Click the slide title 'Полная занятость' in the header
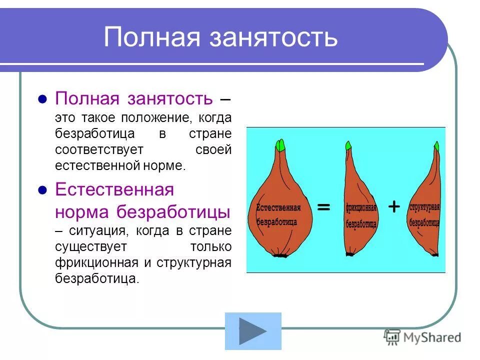[220, 37]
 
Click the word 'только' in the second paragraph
[210, 247]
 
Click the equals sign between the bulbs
[323, 206]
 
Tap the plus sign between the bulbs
[394, 206]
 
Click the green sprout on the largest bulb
[280, 145]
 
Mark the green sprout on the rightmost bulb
[436, 146]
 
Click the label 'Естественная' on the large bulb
[278, 207]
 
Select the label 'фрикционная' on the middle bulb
[360, 207]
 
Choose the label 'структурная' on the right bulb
[424, 207]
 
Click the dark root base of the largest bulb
[280, 255]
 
